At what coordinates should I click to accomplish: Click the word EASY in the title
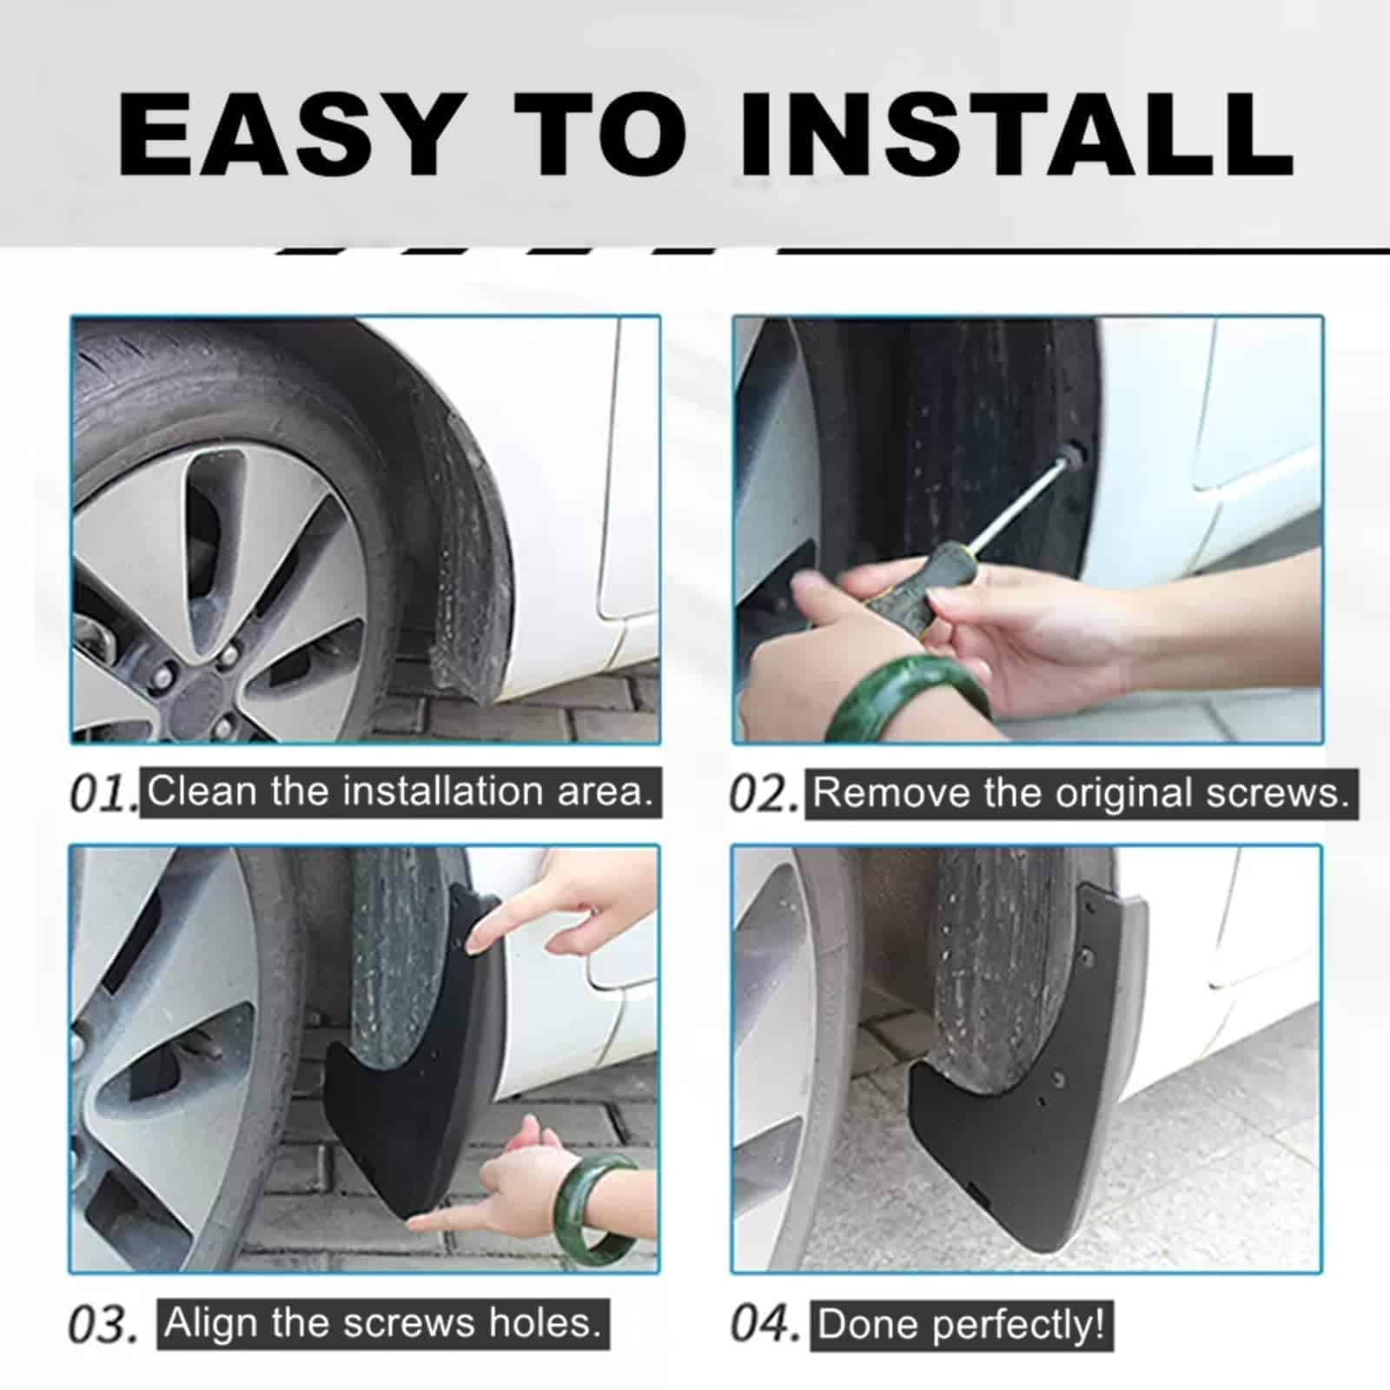[x=287, y=135]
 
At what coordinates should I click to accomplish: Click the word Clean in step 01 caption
[x=202, y=791]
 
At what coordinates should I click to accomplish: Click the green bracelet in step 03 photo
[x=599, y=1208]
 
